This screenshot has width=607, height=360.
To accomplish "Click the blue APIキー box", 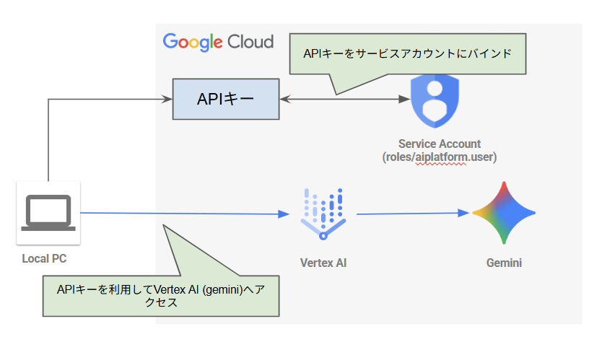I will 225,99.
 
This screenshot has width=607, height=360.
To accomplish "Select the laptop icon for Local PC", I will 48,213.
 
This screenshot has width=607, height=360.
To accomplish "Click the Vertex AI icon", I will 323,214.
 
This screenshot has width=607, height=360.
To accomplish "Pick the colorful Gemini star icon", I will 504,213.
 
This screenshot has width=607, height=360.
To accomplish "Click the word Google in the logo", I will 191,41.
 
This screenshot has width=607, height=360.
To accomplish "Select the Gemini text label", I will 504,263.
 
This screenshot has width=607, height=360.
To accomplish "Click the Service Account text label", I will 440,144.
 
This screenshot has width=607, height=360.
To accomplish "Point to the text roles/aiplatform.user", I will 440,157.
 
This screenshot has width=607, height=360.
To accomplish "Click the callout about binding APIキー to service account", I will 408,55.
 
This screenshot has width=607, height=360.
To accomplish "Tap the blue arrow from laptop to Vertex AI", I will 180,213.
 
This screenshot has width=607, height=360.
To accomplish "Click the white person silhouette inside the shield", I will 434,101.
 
